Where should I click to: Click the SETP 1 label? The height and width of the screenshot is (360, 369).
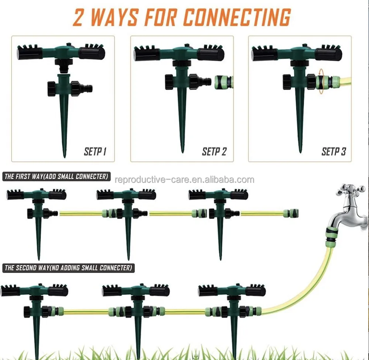coord(95,151)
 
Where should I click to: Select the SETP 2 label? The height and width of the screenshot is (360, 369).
coord(214,151)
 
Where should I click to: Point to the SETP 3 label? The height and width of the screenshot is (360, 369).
coord(334,151)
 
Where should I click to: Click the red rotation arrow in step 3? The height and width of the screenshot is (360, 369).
coord(321,81)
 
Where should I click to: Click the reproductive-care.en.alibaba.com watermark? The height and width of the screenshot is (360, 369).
coord(184,180)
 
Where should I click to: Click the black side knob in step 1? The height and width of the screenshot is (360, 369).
coord(52,89)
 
